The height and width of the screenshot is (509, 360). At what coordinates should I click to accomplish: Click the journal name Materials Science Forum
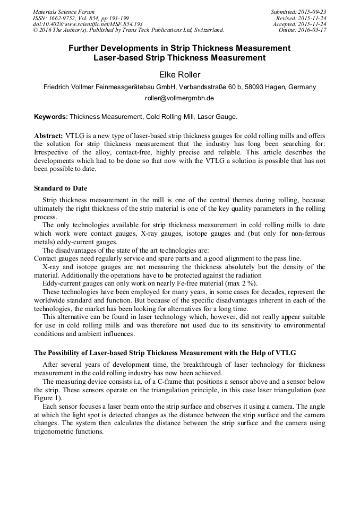click(x=64, y=12)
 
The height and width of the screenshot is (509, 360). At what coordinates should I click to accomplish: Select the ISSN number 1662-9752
click(x=64, y=18)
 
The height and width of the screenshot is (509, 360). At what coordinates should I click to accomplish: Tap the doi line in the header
click(x=88, y=24)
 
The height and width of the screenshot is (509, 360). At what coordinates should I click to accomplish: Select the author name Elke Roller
click(x=179, y=75)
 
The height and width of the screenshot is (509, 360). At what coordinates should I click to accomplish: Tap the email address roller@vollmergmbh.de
click(x=179, y=98)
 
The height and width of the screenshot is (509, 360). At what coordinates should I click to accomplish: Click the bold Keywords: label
click(x=51, y=116)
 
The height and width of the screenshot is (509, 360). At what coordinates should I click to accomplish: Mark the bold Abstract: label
click(x=49, y=136)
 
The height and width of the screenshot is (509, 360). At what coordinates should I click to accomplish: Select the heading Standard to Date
click(x=61, y=188)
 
